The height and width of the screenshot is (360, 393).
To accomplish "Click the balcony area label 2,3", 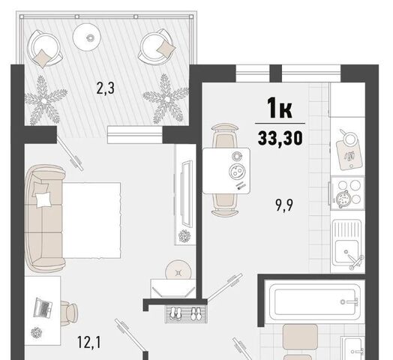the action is pyautogui.click(x=106, y=88).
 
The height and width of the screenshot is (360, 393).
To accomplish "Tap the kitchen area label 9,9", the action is pyautogui.click(x=284, y=205).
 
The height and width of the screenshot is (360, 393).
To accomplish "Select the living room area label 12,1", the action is pyautogui.click(x=89, y=343).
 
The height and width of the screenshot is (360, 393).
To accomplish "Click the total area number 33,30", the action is pyautogui.click(x=280, y=139).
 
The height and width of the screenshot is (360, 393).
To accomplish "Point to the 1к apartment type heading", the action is pyautogui.click(x=280, y=107).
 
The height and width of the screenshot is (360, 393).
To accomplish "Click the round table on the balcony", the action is pyautogui.click(x=87, y=37).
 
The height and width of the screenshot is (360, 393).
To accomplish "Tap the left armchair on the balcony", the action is pyautogui.click(x=44, y=49).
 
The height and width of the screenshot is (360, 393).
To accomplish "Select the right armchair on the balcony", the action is pyautogui.click(x=157, y=47).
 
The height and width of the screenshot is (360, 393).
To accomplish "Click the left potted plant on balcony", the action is pyautogui.click(x=45, y=100).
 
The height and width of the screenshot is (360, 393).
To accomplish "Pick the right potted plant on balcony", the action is pyautogui.click(x=166, y=99).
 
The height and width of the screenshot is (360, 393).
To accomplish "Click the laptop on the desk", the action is pyautogui.click(x=43, y=307).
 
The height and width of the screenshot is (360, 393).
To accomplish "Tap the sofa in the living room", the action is pyautogui.click(x=44, y=218).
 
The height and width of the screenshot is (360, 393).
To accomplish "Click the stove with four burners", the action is pyautogui.click(x=347, y=193).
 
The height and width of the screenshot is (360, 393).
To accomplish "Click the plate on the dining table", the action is pyautogui.click(x=236, y=172).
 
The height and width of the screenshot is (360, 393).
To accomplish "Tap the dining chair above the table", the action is pyautogui.click(x=225, y=136).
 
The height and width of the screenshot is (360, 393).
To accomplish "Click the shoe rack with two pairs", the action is pyautogui.click(x=186, y=313).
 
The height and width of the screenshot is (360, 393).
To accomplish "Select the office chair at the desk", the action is pyautogui.click(x=69, y=313).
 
